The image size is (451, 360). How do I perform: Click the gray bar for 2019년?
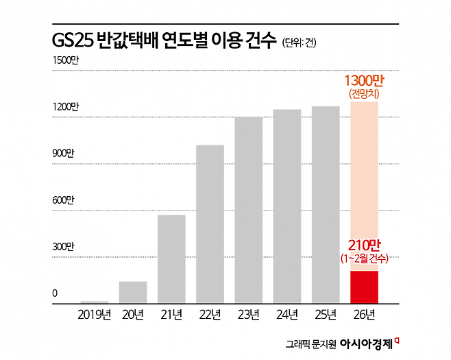coord(94,302)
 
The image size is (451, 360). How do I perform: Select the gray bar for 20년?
coord(132,292)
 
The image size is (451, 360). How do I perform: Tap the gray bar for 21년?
coord(171,259)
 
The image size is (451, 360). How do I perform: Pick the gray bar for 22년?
coord(210,224)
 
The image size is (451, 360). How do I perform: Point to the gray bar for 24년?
coord(287,206)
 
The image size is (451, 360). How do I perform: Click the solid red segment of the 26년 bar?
coord(364,287)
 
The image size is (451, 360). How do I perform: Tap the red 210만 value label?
coord(364,245)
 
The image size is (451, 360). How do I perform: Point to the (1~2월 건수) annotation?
coord(364,259)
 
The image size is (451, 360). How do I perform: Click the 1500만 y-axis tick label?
coord(66,61)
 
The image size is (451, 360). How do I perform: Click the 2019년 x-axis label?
coord(94,315)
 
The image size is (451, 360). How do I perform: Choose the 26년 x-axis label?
coord(364,315)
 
